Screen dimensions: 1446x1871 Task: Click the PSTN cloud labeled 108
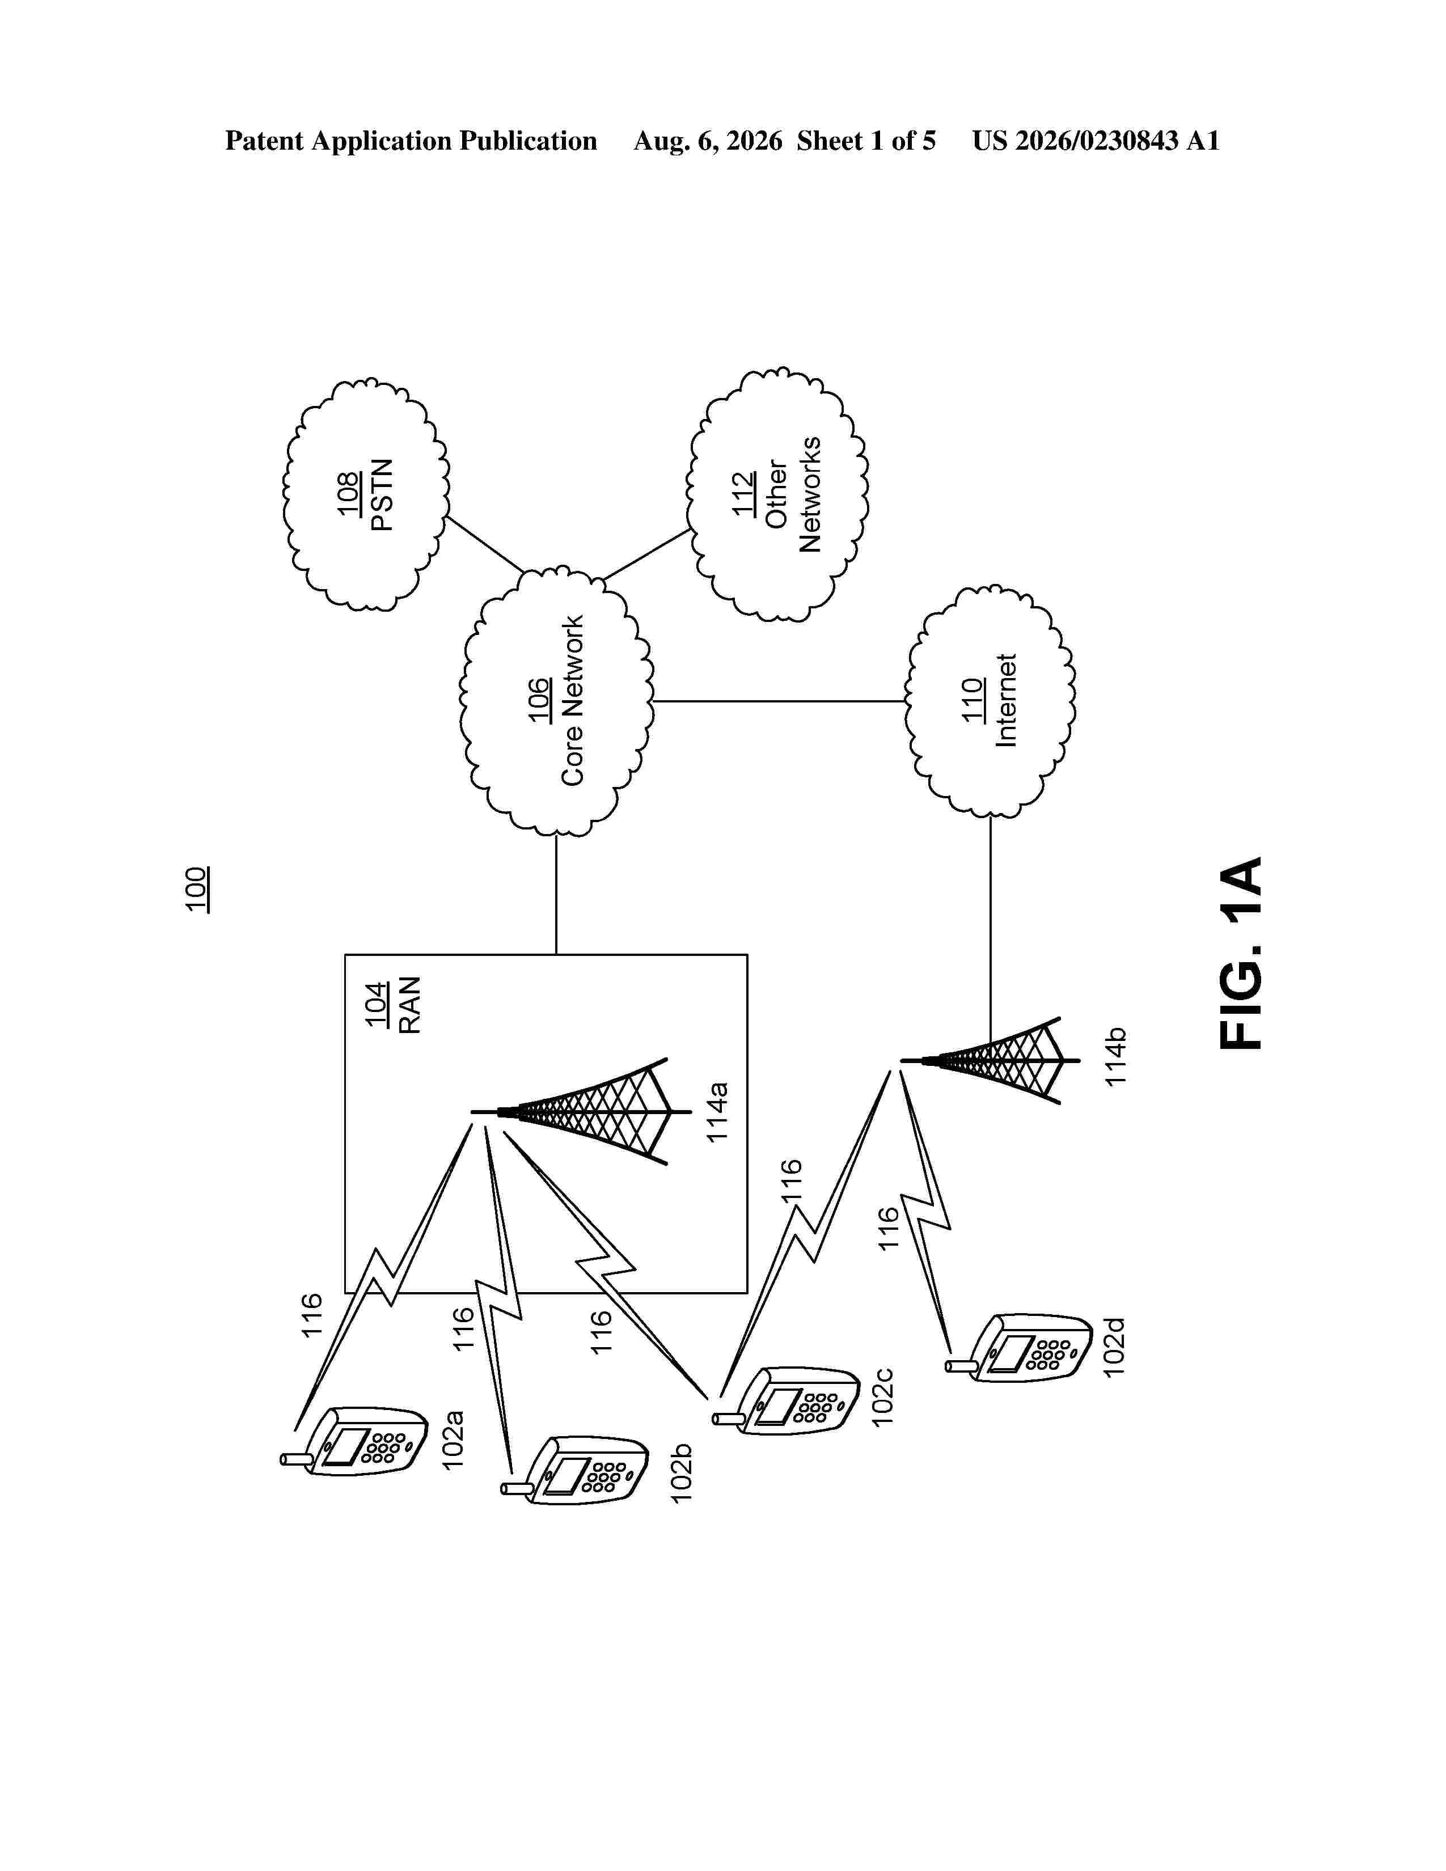click(366, 494)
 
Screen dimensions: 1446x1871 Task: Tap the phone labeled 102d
click(1020, 1348)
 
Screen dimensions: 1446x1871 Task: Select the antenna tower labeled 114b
click(981, 1061)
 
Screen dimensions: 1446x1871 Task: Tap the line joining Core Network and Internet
click(780, 702)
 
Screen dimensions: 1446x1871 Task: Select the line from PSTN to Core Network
click(484, 544)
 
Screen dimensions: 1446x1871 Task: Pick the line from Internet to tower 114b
click(991, 939)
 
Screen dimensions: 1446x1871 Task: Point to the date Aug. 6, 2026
click(708, 141)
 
